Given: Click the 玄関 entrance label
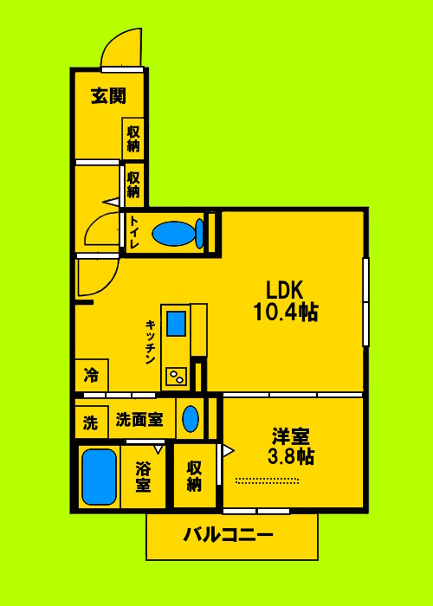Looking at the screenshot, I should point(107,96).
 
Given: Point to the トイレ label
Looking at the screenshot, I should point(135,233).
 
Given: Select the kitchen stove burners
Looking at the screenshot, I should point(176,377).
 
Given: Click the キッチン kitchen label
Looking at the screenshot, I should point(150,341).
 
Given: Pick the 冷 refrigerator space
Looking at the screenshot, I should point(91,376).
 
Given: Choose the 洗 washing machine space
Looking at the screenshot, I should point(90,422).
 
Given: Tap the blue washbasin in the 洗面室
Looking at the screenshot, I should point(191,420).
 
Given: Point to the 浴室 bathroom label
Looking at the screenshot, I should point(142,477).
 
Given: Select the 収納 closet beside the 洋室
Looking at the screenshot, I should point(195,475).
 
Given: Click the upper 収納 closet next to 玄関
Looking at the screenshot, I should point(133,139).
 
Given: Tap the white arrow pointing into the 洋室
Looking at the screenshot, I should point(227,450).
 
